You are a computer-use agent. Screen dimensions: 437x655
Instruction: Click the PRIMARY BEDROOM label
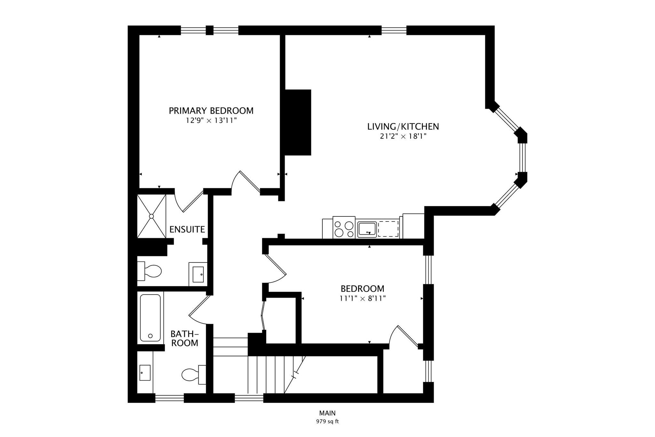click(211, 111)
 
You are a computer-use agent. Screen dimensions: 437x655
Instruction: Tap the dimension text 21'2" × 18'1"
click(403, 136)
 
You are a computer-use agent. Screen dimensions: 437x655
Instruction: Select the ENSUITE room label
click(187, 229)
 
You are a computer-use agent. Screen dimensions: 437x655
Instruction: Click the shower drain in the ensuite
click(152, 216)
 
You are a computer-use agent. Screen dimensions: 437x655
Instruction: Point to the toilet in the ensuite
click(150, 271)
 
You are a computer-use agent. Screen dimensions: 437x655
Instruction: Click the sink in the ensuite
click(198, 274)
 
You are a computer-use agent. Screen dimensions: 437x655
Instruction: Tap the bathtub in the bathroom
click(150, 318)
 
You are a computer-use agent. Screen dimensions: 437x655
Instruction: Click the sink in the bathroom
click(145, 373)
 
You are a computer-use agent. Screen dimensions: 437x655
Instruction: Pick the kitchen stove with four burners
click(344, 228)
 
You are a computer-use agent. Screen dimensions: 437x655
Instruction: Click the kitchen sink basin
click(367, 229)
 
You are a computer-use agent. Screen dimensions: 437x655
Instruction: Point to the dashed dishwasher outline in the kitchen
click(388, 229)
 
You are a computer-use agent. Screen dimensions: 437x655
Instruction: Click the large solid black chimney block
click(297, 122)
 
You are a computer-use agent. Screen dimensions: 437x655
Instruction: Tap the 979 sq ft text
click(327, 421)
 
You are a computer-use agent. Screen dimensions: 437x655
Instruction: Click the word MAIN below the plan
click(327, 413)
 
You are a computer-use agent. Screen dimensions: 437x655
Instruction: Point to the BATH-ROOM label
click(185, 338)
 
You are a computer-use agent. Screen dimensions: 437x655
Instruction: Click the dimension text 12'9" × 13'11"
click(211, 121)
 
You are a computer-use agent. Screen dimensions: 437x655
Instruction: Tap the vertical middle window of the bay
click(522, 157)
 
